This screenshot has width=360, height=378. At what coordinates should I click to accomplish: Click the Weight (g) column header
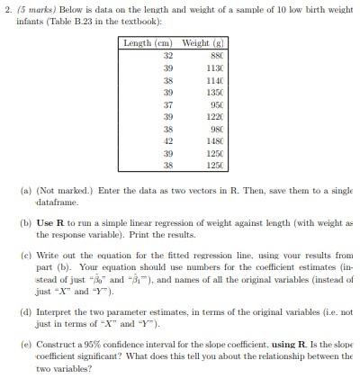point(195,43)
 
